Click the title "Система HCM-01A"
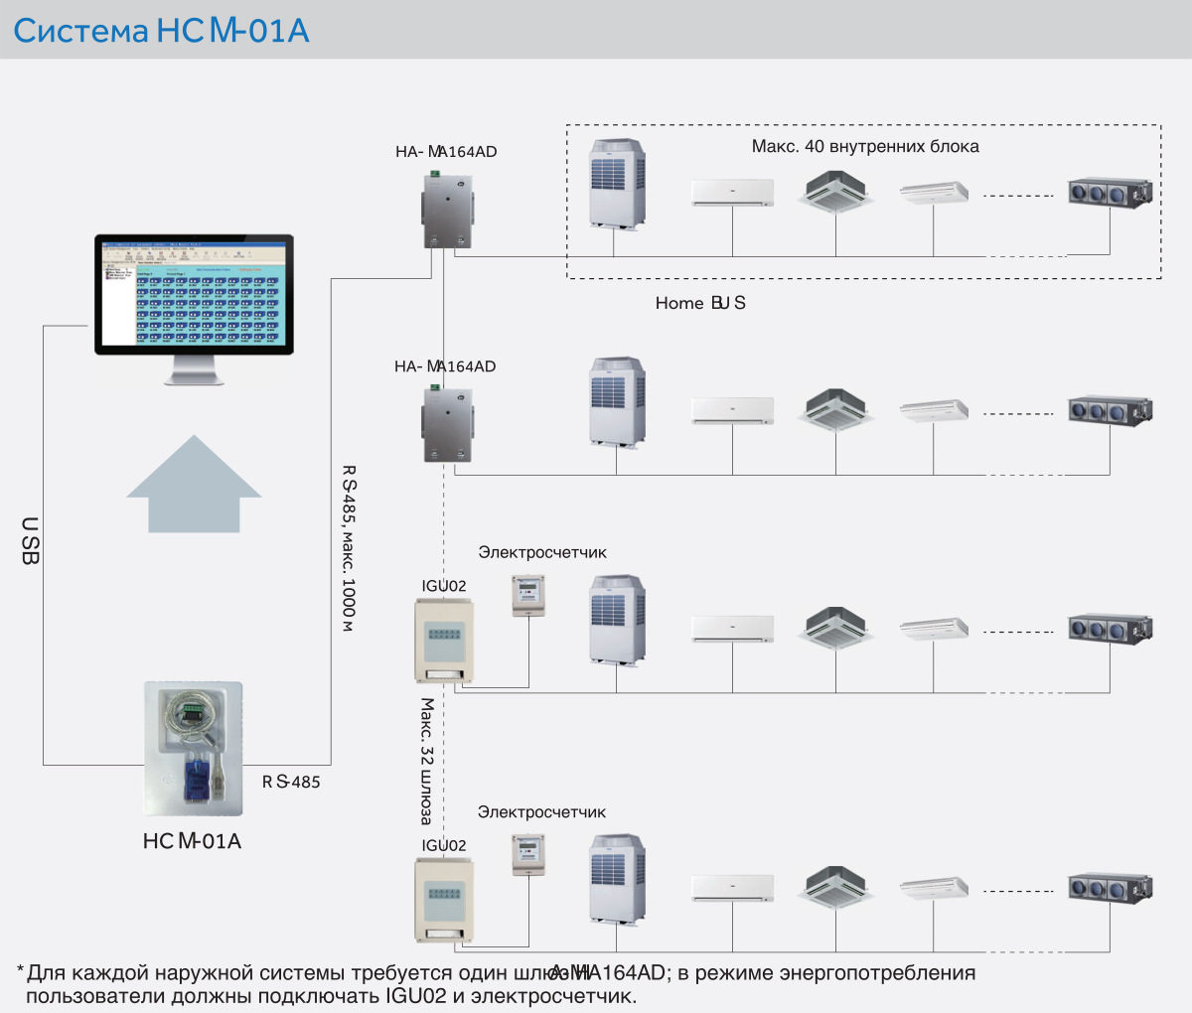click(x=161, y=31)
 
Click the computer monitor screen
click(x=194, y=294)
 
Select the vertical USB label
click(x=30, y=540)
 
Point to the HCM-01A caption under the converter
click(x=192, y=841)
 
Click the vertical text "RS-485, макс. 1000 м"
click(x=349, y=547)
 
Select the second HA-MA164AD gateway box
click(x=446, y=424)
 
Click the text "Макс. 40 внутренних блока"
click(x=864, y=147)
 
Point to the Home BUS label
click(x=699, y=303)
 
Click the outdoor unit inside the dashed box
click(x=618, y=183)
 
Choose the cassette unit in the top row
click(x=835, y=191)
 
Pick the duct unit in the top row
click(x=1110, y=191)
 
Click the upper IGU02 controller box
click(x=444, y=640)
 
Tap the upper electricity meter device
click(x=528, y=596)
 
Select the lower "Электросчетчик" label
click(x=541, y=812)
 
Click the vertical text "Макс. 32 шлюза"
click(x=427, y=761)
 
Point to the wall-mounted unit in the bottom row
click(x=732, y=888)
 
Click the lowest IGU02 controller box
click(x=444, y=900)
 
